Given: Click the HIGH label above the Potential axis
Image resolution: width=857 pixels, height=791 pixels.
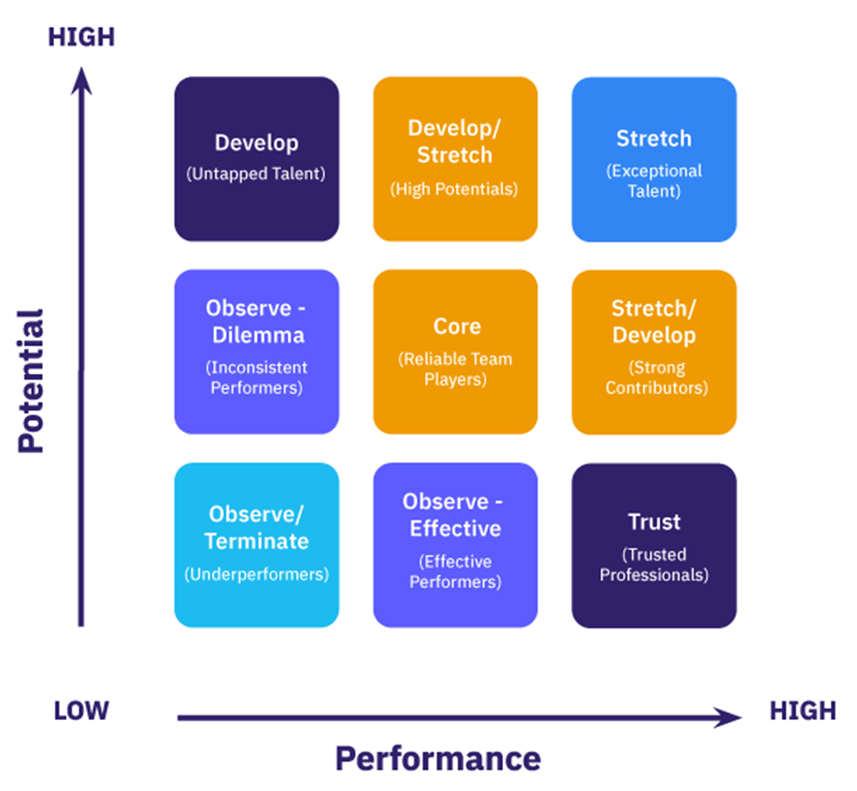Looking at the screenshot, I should tap(81, 37).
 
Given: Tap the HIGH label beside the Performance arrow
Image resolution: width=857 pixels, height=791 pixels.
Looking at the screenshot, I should tap(802, 711).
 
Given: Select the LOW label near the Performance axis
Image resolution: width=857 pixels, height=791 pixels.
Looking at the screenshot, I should tap(81, 711).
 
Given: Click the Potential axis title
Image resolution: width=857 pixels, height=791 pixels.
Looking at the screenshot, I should tap(31, 381).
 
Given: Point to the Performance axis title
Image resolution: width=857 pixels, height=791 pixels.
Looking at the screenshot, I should tap(437, 759).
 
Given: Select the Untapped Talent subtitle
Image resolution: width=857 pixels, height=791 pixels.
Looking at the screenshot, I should tap(256, 174).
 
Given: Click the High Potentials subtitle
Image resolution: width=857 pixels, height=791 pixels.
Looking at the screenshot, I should tap(455, 189).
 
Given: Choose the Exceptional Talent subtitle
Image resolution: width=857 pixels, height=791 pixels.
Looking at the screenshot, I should tap(654, 181).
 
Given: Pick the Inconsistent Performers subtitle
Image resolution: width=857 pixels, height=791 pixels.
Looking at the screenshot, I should tap(257, 378).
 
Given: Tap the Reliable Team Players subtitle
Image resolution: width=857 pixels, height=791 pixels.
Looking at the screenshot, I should tap(455, 369).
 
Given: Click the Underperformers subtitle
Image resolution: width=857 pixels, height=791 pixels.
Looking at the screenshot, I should tap(257, 574).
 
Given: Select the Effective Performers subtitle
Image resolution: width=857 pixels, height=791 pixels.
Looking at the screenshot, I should tap(455, 572).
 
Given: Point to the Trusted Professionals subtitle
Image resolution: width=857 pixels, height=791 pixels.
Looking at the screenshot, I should tap(654, 564).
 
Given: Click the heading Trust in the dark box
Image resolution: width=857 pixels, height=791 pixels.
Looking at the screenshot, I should tap(654, 522).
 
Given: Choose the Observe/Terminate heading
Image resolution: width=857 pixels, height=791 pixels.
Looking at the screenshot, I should tap(257, 528).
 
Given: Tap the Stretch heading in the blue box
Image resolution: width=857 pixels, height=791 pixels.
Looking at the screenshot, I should tap(654, 138).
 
